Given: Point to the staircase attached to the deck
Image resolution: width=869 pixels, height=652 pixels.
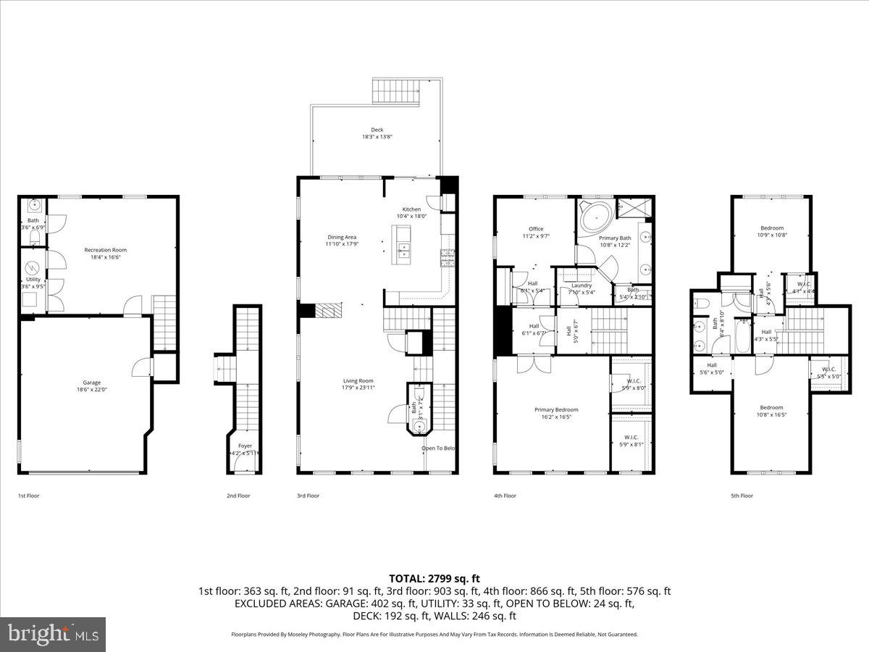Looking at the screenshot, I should [x=396, y=92].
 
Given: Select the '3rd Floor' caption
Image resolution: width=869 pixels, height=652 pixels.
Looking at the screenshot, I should [x=308, y=496].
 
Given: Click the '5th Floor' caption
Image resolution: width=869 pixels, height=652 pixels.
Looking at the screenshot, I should [x=742, y=496].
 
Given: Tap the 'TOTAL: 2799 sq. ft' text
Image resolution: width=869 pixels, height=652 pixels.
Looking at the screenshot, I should [x=434, y=578].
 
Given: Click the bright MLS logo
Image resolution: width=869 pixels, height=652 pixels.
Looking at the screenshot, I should [x=53, y=635].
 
